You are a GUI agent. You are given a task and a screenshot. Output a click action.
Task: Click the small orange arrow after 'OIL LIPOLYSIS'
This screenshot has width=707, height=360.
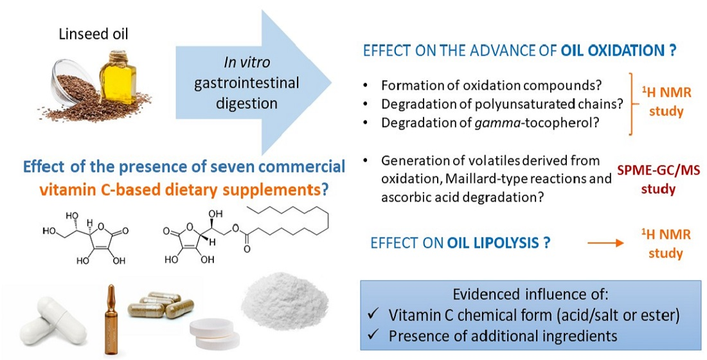tap(605, 244)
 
